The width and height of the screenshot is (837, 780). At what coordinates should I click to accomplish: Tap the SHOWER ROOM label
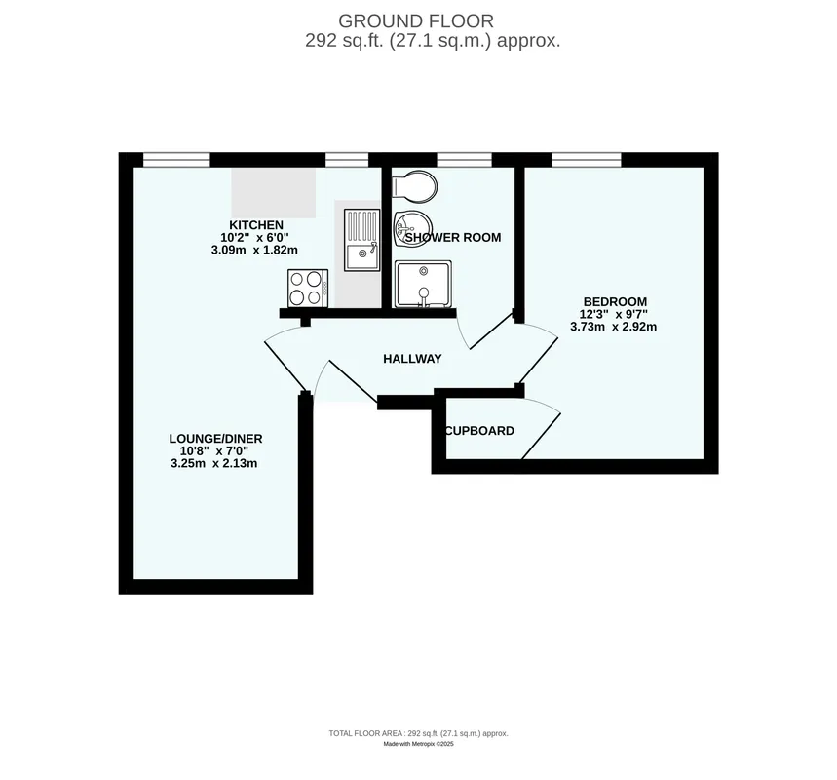(453, 237)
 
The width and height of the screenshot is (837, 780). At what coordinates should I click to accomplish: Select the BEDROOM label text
(615, 302)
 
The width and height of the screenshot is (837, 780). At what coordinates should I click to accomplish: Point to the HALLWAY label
(412, 359)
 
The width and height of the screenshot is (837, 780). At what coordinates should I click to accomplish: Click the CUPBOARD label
(479, 431)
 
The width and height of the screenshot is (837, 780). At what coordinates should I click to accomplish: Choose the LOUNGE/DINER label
(215, 439)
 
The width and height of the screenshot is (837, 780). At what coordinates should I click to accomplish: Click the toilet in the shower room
(415, 186)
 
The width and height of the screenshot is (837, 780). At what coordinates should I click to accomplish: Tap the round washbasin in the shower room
(411, 228)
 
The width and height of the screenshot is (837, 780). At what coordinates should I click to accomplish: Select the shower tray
(423, 285)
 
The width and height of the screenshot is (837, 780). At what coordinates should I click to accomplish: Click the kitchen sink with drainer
(361, 240)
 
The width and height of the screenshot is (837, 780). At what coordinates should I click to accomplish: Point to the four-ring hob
(308, 289)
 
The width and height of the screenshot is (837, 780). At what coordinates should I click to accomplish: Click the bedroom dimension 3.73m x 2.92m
(613, 327)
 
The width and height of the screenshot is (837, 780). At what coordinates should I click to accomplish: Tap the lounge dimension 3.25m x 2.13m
(214, 463)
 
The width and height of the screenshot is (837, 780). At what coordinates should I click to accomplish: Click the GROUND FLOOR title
(416, 21)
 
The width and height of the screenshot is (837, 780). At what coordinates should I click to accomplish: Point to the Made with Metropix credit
(419, 744)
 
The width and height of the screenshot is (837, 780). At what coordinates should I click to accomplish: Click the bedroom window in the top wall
(587, 159)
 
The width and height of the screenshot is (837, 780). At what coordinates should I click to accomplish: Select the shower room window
(464, 159)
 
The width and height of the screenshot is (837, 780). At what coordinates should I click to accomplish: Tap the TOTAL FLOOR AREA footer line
(419, 733)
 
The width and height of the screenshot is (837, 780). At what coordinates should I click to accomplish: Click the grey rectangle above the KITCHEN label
(273, 193)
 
